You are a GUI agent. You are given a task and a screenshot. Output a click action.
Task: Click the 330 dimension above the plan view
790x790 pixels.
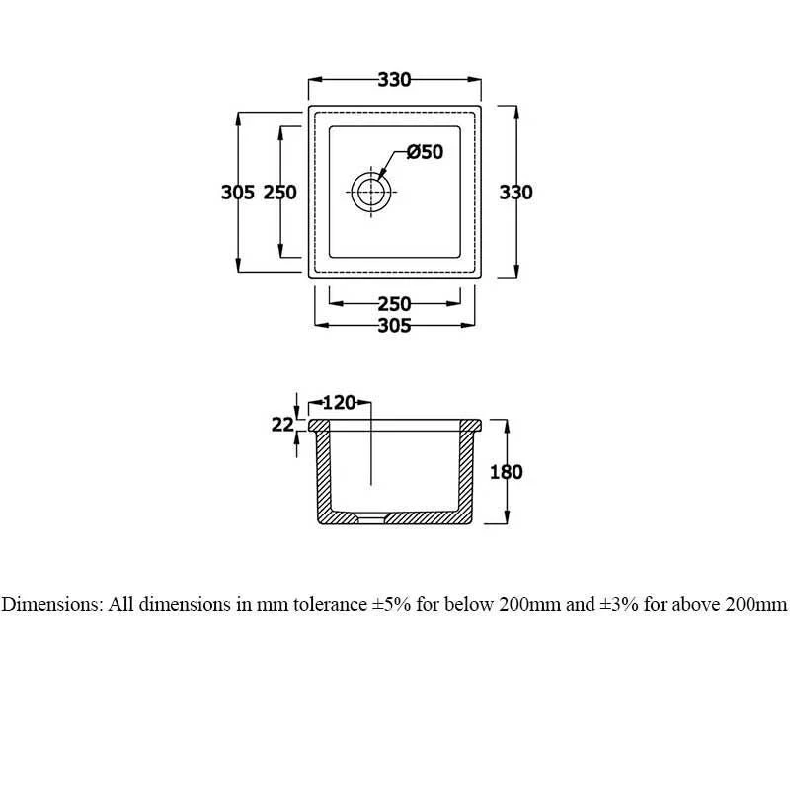(394, 80)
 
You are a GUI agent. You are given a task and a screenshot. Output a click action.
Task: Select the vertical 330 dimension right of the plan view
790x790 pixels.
(515, 193)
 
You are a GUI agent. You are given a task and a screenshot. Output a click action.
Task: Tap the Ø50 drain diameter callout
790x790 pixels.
(425, 152)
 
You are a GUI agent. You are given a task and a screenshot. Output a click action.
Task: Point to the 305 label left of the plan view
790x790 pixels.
(238, 193)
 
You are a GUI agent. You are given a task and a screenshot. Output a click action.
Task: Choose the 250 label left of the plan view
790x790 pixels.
(280, 193)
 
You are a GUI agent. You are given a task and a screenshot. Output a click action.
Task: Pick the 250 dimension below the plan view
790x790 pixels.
(394, 304)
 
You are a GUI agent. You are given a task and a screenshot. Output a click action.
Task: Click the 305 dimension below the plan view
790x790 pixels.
(394, 326)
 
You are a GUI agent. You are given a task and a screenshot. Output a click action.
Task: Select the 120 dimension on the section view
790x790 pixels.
(339, 402)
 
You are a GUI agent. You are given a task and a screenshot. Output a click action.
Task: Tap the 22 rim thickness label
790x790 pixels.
(282, 425)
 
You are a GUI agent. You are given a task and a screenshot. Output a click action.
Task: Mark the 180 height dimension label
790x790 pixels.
(506, 472)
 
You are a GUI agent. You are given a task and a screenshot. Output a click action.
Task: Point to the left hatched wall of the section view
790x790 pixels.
(322, 474)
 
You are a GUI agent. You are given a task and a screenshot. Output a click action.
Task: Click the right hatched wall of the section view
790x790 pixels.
(466, 474)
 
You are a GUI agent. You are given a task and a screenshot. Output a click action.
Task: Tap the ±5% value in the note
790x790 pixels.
(389, 605)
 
